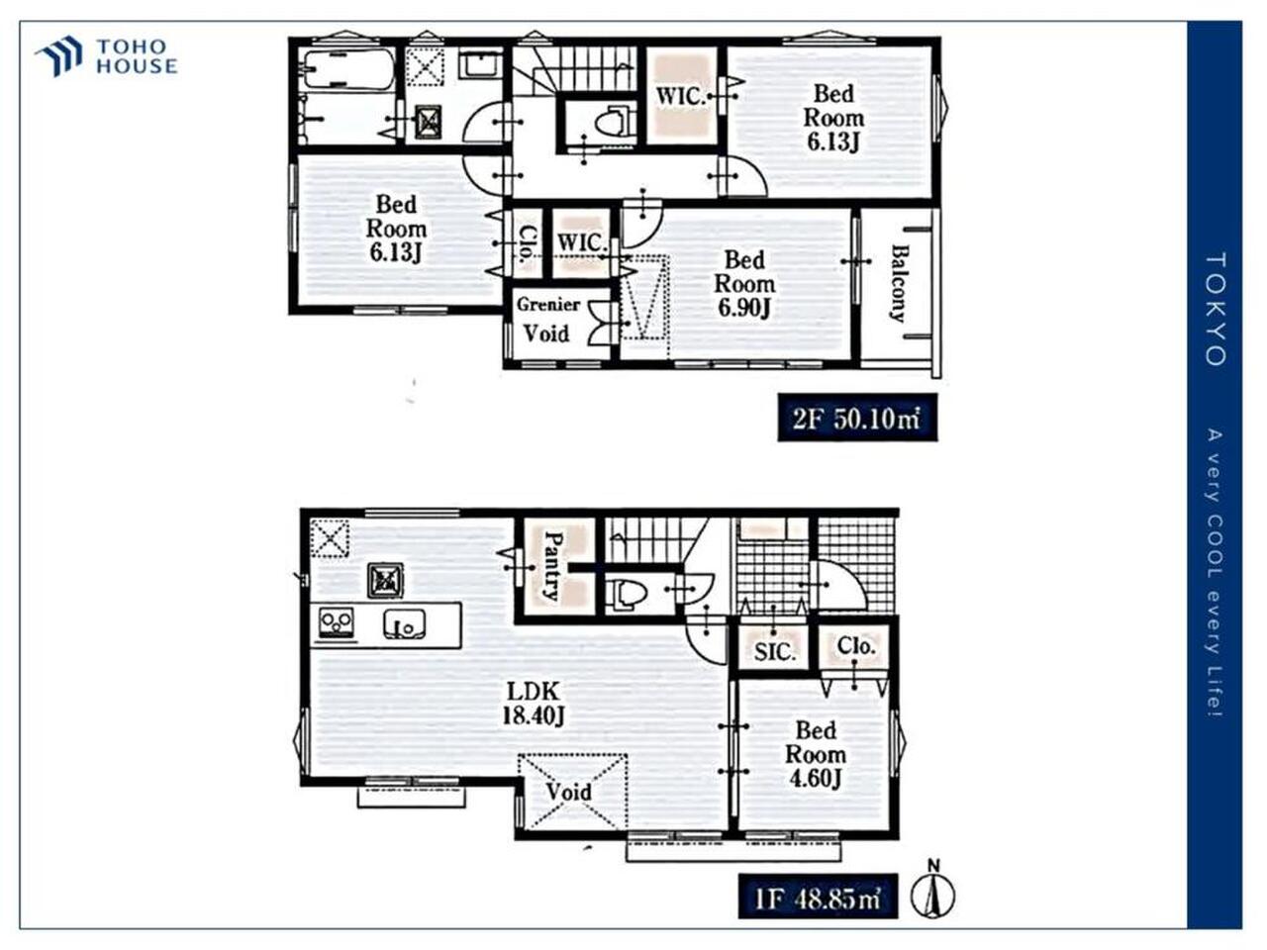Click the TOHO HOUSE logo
[x=106, y=56]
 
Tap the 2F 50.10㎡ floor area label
[x=857, y=419]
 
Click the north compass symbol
[x=932, y=896]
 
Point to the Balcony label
[x=898, y=283]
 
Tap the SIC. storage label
[x=775, y=652]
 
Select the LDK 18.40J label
[x=533, y=704]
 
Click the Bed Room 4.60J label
[x=815, y=754]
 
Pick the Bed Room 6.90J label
[x=744, y=284]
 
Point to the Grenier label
[x=547, y=305]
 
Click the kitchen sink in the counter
[x=405, y=624]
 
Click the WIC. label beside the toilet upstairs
[x=681, y=96]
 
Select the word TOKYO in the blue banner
[x=1215, y=310]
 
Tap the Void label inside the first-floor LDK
[x=568, y=792]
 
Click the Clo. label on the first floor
[x=856, y=645]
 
